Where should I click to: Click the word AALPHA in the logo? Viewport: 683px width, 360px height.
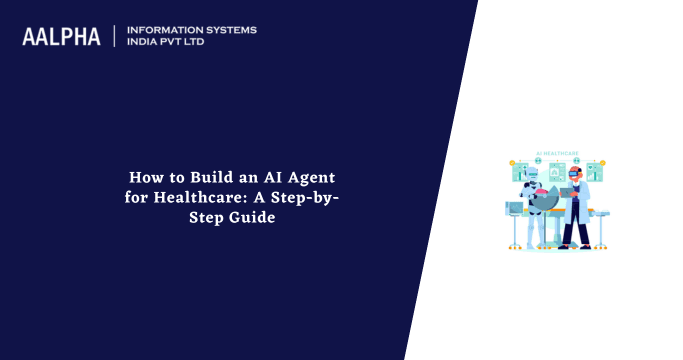(62, 36)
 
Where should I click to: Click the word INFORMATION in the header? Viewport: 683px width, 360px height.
(161, 30)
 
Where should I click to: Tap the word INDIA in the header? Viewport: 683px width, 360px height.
(143, 43)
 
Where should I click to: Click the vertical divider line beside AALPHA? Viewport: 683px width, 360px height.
(114, 36)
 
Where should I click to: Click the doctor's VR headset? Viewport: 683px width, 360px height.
(572, 173)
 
